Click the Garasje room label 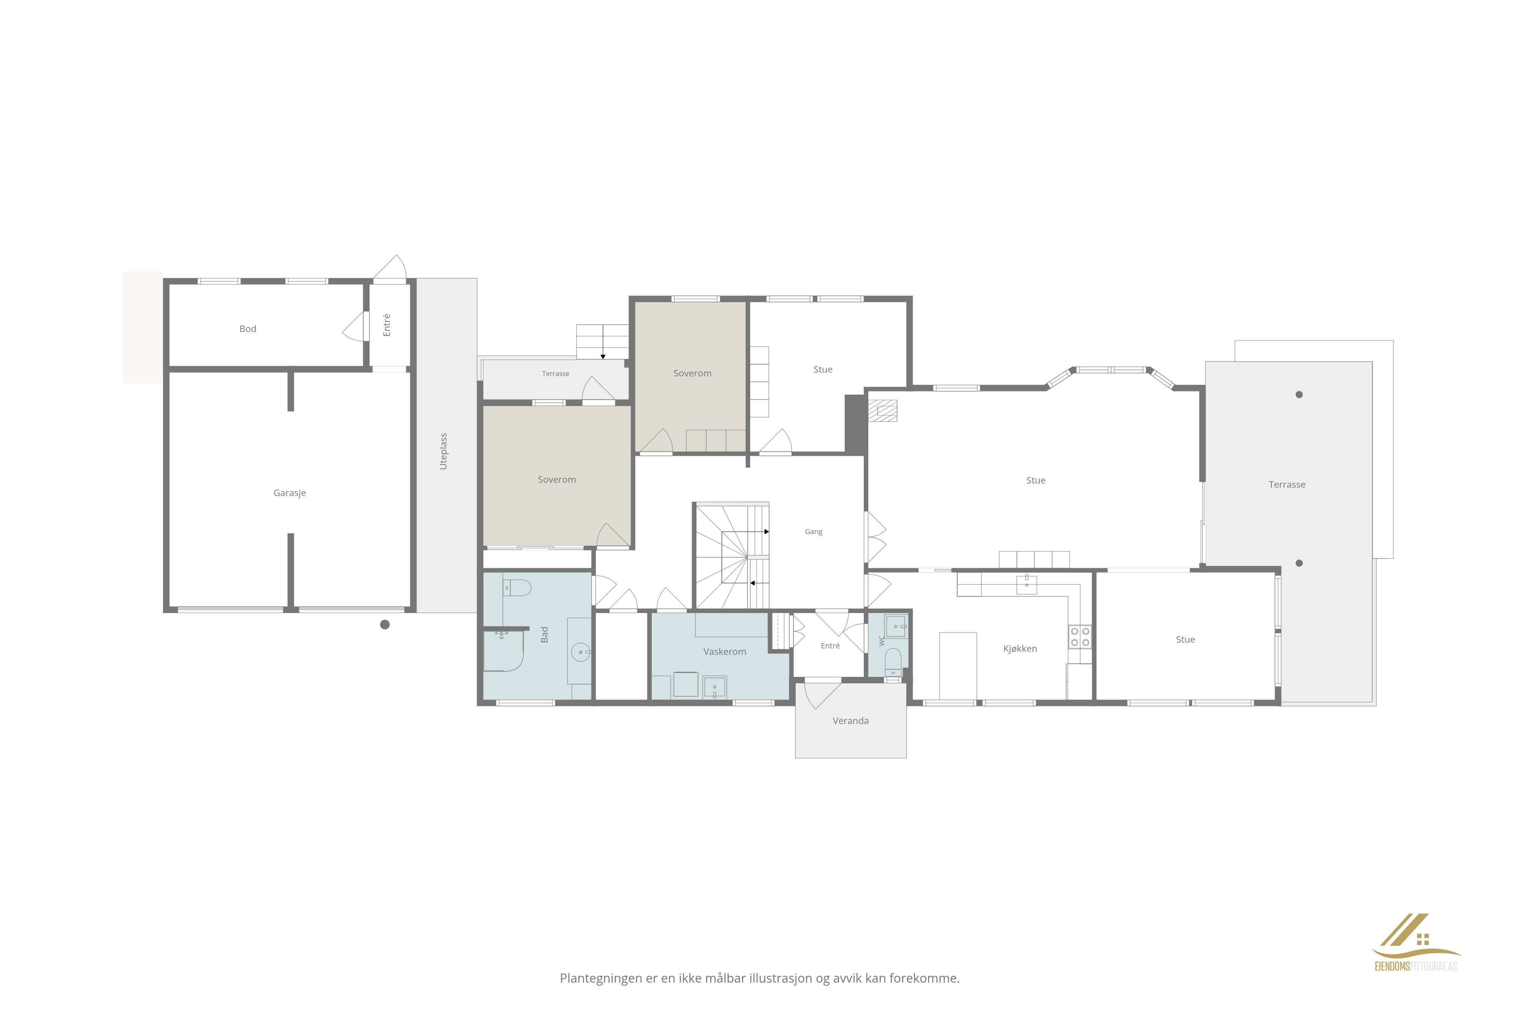[290, 493]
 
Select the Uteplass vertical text [443, 451]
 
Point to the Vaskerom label [724, 652]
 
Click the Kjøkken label [1020, 649]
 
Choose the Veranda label [850, 721]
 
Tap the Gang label [814, 532]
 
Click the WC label [882, 641]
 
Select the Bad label [544, 634]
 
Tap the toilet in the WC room [893, 662]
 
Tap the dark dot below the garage [385, 624]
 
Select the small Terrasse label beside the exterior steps [556, 373]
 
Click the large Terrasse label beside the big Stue [1287, 485]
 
